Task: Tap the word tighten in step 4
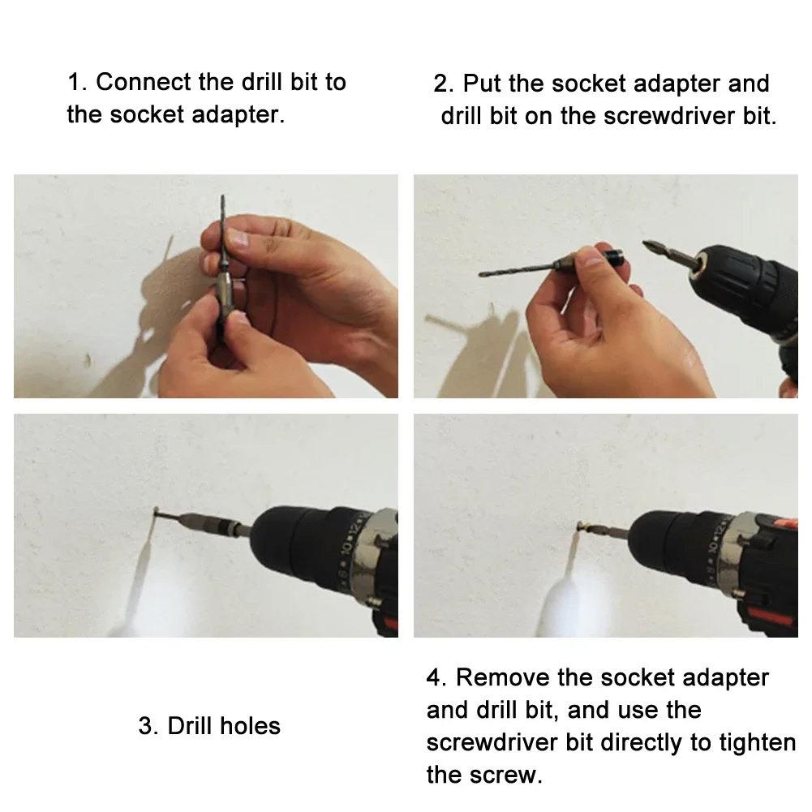tap(757, 742)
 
